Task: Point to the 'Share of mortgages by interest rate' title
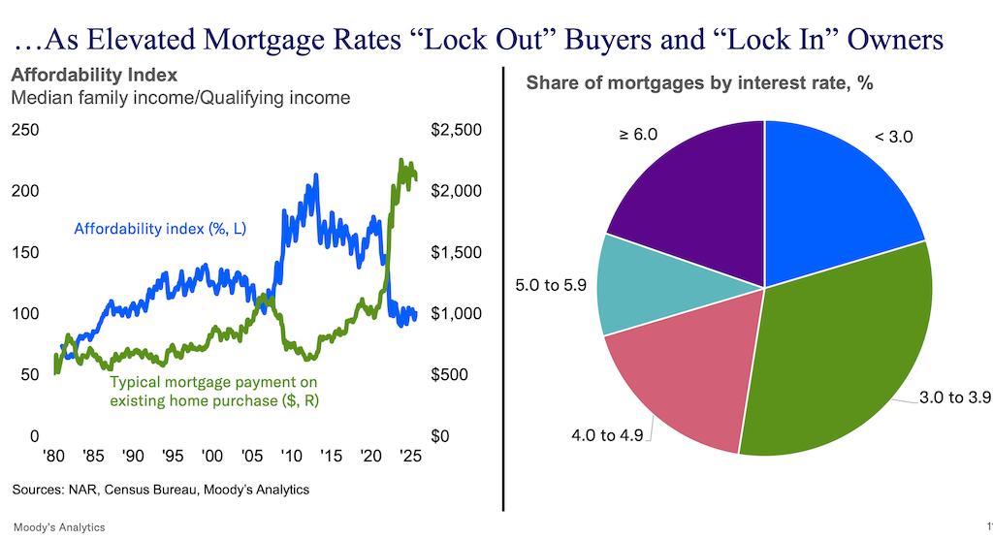click(x=699, y=83)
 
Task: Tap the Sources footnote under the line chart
click(x=161, y=490)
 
